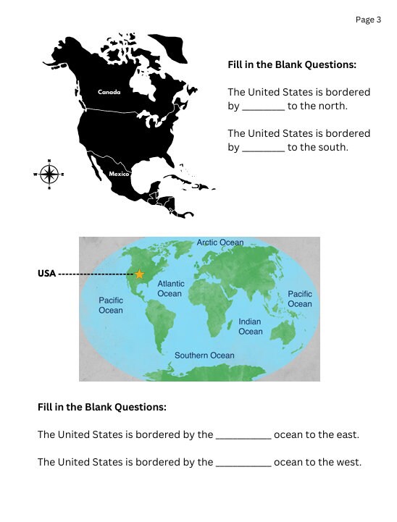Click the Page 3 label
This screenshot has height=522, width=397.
tap(368, 20)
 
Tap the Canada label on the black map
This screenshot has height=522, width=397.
tap(109, 92)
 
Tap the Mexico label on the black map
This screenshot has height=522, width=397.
tap(120, 174)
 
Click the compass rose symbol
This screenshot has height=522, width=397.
tap(49, 174)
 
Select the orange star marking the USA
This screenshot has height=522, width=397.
tap(139, 274)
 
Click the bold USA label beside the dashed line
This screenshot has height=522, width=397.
tap(46, 274)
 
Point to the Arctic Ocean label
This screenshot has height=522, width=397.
tap(220, 243)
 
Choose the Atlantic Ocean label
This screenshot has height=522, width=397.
tap(170, 289)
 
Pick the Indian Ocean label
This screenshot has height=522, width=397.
tap(251, 326)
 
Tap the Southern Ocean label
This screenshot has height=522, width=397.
tap(204, 355)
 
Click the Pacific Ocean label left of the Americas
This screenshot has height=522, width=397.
tap(111, 305)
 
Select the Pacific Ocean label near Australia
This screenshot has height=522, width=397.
tap(300, 299)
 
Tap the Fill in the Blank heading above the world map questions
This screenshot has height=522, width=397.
tap(102, 407)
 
